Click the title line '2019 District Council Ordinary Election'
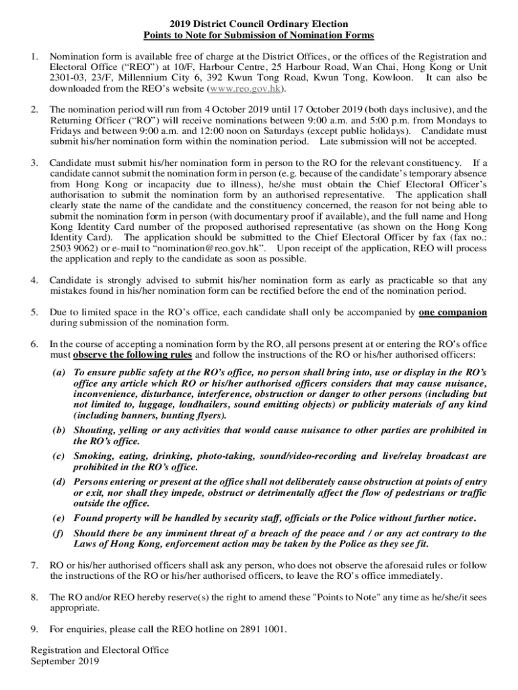pyautogui.click(x=259, y=24)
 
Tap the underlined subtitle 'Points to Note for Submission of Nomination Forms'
pyautogui.click(x=259, y=35)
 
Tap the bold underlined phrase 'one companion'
pyautogui.click(x=453, y=313)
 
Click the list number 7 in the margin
pyautogui.click(x=34, y=565)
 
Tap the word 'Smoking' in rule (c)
pyautogui.click(x=94, y=456)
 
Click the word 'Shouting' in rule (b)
pyautogui.click(x=95, y=430)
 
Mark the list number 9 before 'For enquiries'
pyautogui.click(x=34, y=629)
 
